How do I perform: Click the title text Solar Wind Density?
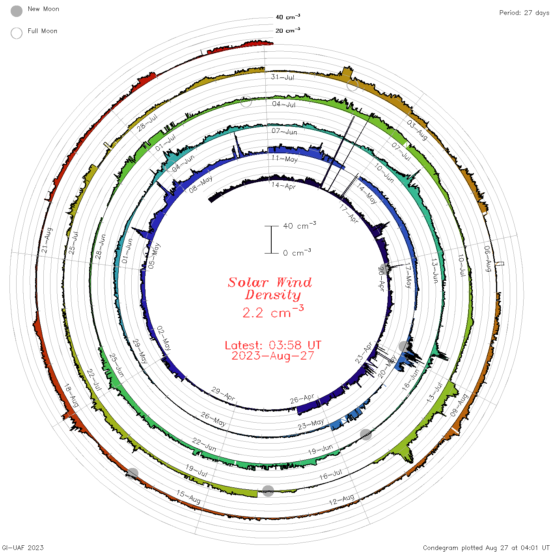(x=270, y=289)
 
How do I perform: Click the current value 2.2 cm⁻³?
(x=273, y=311)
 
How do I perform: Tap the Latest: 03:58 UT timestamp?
(x=273, y=345)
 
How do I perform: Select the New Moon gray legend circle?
(x=16, y=11)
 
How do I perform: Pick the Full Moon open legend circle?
(x=16, y=33)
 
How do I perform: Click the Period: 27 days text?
(x=524, y=13)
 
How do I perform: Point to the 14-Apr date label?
(x=283, y=186)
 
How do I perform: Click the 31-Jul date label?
(x=282, y=77)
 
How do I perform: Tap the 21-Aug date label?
(x=47, y=240)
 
